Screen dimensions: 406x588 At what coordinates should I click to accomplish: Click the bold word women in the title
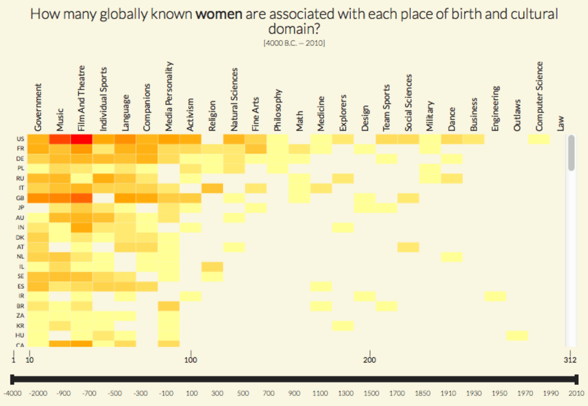pyautogui.click(x=218, y=14)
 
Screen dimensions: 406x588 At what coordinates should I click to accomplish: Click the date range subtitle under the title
pyautogui.click(x=294, y=43)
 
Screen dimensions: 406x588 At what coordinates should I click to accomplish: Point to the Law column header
pyautogui.click(x=561, y=122)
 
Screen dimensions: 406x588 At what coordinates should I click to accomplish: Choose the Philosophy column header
pyautogui.click(x=278, y=110)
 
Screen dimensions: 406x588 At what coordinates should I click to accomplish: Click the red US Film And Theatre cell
pyautogui.click(x=82, y=139)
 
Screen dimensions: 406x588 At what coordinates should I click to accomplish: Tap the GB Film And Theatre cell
pyautogui.click(x=82, y=198)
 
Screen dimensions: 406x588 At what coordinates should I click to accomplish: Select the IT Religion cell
pyautogui.click(x=212, y=188)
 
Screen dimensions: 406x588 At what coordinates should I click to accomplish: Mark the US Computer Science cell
pyautogui.click(x=539, y=139)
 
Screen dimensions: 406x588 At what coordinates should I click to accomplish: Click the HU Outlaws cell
pyautogui.click(x=517, y=335)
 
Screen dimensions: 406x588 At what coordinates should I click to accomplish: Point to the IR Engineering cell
pyautogui.click(x=495, y=296)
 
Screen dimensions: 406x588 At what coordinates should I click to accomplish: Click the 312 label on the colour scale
pyautogui.click(x=569, y=361)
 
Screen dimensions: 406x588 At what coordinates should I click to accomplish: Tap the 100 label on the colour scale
pyautogui.click(x=191, y=361)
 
